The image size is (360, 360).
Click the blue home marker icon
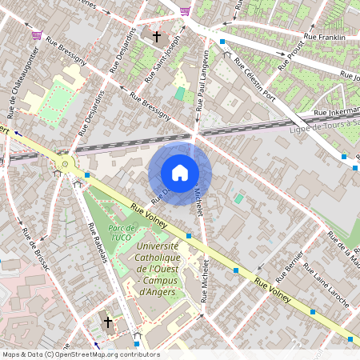point(180,173)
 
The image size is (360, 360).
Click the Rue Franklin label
point(325,38)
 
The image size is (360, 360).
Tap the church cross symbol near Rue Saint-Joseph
point(157,37)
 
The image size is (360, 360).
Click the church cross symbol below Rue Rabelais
point(108,322)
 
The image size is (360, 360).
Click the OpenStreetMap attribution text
point(80,354)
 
